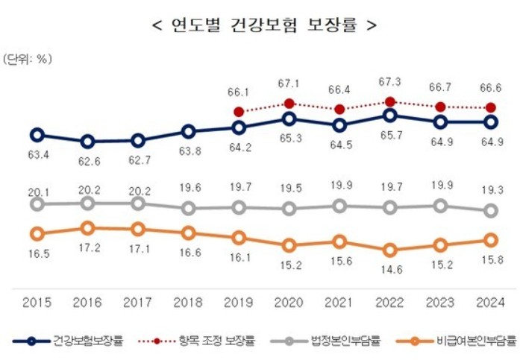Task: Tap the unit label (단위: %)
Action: coord(28,59)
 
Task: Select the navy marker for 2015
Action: coord(37,135)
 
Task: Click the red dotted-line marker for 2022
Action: coord(390,102)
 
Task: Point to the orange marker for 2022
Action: coord(390,250)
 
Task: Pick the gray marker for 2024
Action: coord(491,211)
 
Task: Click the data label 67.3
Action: coord(390,80)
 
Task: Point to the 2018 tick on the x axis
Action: coord(188,303)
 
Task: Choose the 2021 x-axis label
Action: coord(339,303)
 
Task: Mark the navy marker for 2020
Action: coord(289,119)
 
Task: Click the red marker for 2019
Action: coord(239,112)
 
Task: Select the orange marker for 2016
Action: coord(87,228)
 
